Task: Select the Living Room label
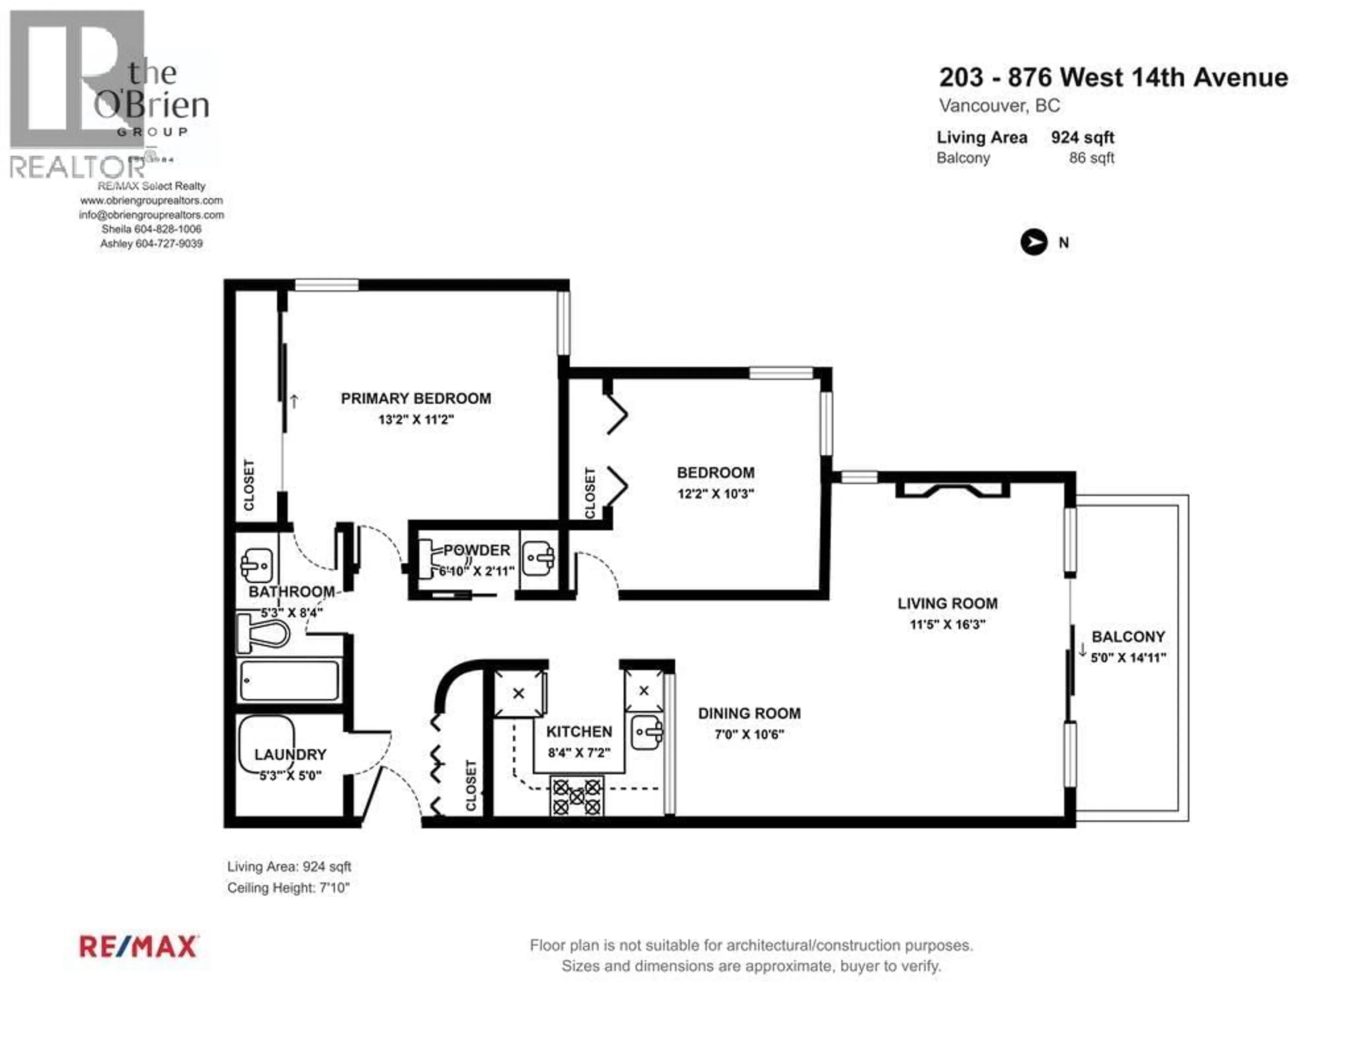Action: tap(947, 603)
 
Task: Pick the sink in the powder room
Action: tap(538, 559)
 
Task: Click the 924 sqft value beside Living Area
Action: tap(1082, 137)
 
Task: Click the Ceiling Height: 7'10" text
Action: tap(288, 888)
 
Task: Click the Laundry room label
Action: tap(290, 754)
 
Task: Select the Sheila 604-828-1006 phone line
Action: tap(152, 229)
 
